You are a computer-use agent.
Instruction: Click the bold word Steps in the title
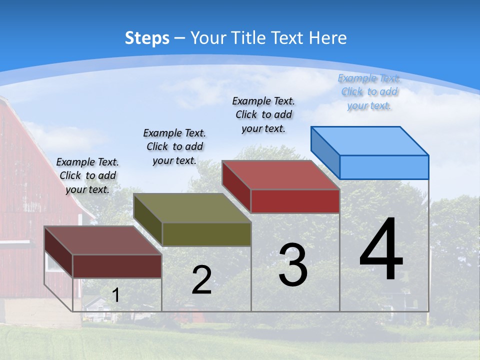pos(147,38)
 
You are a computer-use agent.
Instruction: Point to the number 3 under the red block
pos(293,264)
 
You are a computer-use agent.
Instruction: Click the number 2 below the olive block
pos(201,280)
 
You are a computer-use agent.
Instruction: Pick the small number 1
pos(116,295)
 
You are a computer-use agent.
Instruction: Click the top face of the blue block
pos(370,140)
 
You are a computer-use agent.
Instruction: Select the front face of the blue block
pos(384,167)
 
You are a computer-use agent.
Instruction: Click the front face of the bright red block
pos(295,201)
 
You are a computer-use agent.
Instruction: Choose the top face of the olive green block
pos(192,208)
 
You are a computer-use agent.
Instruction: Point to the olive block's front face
pos(206,234)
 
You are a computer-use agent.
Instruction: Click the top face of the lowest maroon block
pos(103,240)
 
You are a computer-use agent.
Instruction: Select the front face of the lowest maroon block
pos(117,266)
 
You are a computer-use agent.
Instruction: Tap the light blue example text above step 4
pos(369,91)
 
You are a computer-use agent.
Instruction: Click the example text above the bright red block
pos(263,114)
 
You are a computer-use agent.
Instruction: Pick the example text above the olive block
pos(174,146)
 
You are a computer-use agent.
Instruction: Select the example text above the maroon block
pos(87,175)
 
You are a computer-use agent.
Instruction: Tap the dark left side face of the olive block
pos(148,220)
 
